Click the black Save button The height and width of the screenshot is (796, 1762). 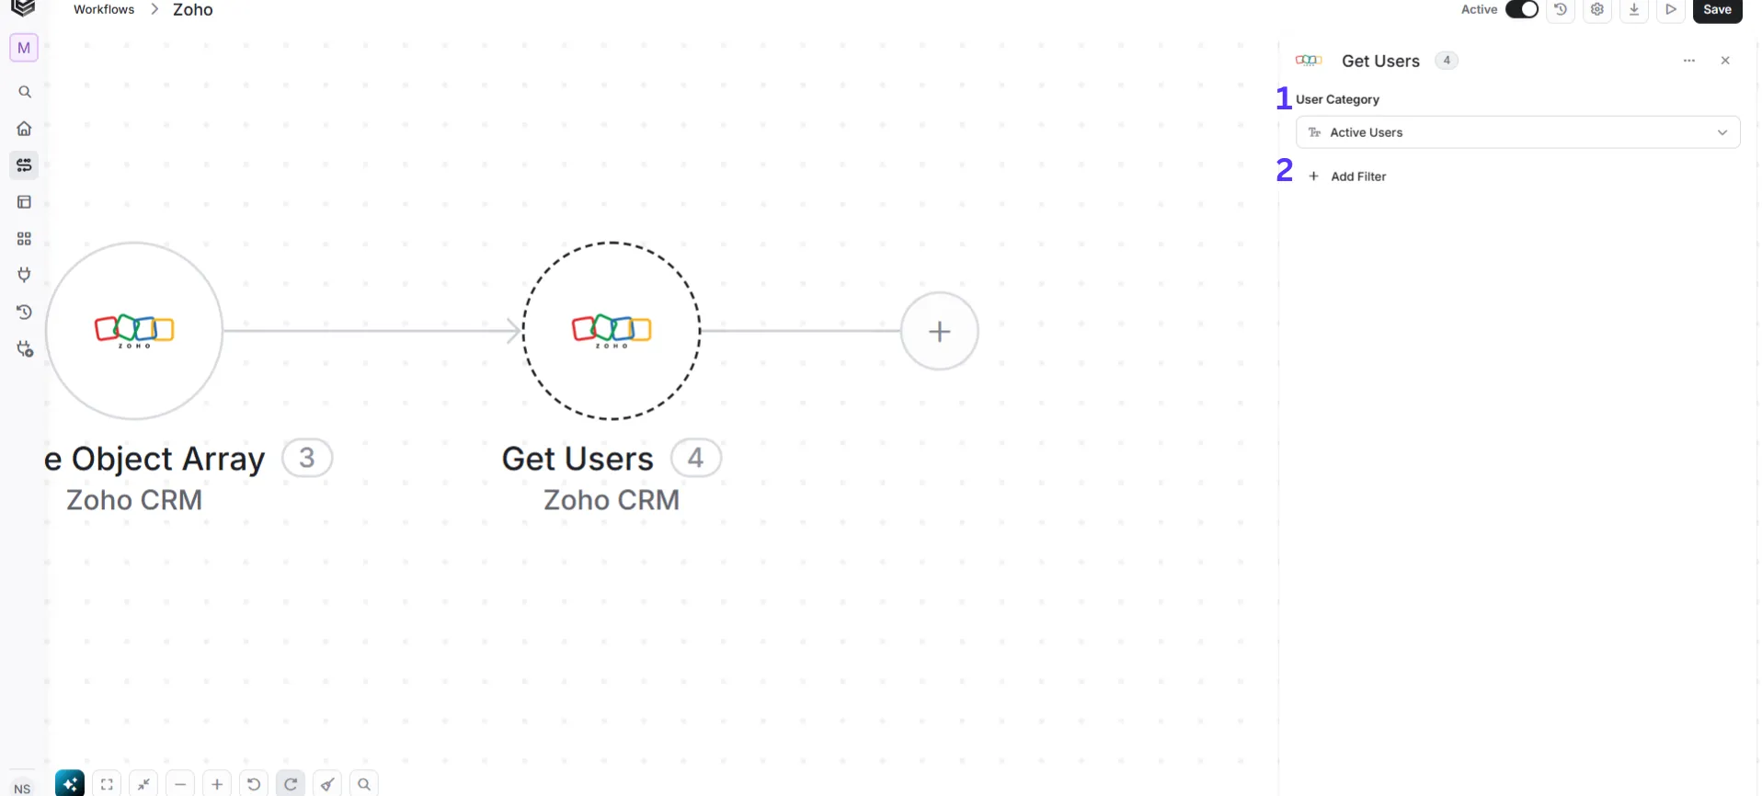pyautogui.click(x=1717, y=10)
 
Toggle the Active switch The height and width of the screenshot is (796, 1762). pyautogui.click(x=1522, y=9)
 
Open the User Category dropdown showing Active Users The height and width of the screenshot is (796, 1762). pyautogui.click(x=1517, y=132)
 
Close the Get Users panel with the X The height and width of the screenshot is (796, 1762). pyautogui.click(x=1725, y=61)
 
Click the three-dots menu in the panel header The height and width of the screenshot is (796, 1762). pyautogui.click(x=1689, y=61)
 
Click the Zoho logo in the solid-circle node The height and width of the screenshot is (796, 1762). pyautogui.click(x=134, y=330)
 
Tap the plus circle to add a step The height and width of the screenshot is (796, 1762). pyautogui.click(x=939, y=331)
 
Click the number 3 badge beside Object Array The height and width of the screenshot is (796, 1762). pyautogui.click(x=307, y=458)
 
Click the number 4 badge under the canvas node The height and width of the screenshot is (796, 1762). pyautogui.click(x=696, y=458)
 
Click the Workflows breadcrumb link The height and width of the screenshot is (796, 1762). pyautogui.click(x=104, y=9)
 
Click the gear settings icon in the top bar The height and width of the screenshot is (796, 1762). pyautogui.click(x=1597, y=9)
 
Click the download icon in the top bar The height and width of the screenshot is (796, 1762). pyautogui.click(x=1634, y=9)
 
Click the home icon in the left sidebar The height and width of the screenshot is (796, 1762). pyautogui.click(x=25, y=129)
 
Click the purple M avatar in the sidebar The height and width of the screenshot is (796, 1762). pyautogui.click(x=24, y=48)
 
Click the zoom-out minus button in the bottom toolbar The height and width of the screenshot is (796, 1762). pyautogui.click(x=180, y=784)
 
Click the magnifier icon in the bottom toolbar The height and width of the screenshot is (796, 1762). pyautogui.click(x=364, y=784)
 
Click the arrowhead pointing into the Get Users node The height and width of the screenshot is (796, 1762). pyautogui.click(x=515, y=331)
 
